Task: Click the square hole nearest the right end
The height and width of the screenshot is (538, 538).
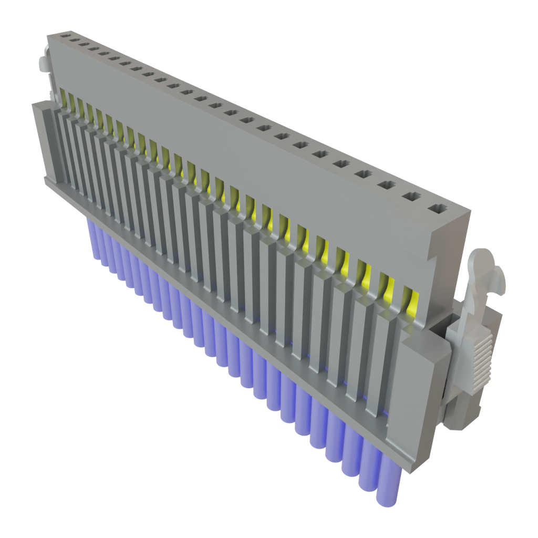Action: (x=437, y=209)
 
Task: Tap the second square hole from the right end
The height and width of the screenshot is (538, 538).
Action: (x=411, y=197)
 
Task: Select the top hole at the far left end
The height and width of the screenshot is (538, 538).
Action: (x=65, y=37)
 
